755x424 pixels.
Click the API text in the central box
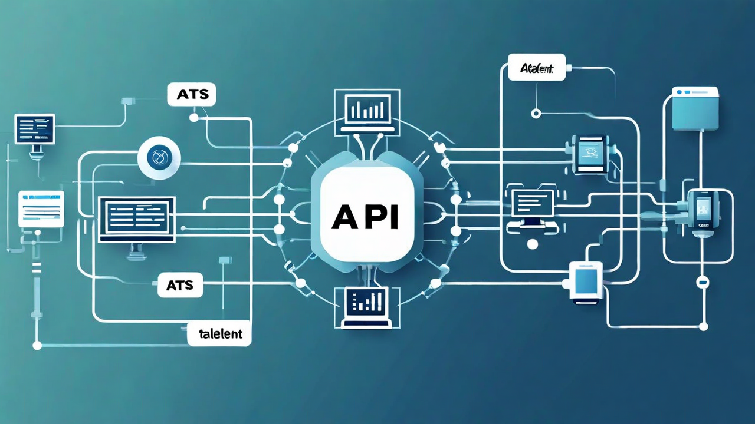tap(365, 216)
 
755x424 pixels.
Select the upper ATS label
tap(191, 94)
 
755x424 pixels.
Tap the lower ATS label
tap(180, 286)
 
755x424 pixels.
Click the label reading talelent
tap(219, 334)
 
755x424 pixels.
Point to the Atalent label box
tap(536, 68)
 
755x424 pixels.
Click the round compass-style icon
tap(159, 158)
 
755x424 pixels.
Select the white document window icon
tap(41, 208)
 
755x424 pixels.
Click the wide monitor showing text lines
tap(137, 219)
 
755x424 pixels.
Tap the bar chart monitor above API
tap(367, 110)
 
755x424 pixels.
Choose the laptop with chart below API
tap(366, 306)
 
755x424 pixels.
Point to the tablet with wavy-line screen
tap(590, 154)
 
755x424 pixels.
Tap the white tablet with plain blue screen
tap(586, 282)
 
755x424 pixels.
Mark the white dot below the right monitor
tap(533, 244)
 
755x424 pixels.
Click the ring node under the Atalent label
tap(536, 113)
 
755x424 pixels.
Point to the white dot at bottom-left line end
tap(37, 346)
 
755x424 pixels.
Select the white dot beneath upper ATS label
tap(193, 118)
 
